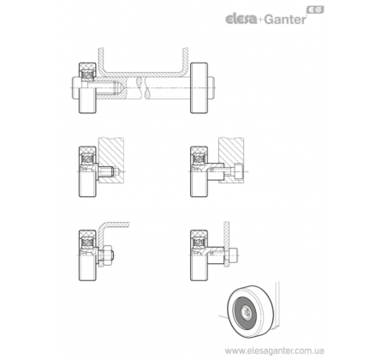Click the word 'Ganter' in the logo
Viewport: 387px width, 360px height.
pos(284,20)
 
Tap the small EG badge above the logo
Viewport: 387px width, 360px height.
pos(315,9)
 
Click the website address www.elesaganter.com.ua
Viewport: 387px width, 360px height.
pos(274,351)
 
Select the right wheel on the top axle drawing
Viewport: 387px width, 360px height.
pos(199,87)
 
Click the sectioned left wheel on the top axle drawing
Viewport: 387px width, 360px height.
pos(87,87)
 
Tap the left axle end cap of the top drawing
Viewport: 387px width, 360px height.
pos(75,87)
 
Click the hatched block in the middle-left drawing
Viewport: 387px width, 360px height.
pos(111,160)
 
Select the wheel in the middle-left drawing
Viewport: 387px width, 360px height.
pos(87,171)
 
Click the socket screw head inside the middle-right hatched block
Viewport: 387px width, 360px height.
pos(238,171)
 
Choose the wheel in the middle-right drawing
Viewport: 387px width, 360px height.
pos(199,171)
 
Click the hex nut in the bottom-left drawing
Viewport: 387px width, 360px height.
pos(106,255)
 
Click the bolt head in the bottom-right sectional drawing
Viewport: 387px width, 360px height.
pos(233,255)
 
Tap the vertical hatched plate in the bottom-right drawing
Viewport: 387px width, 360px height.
pos(226,244)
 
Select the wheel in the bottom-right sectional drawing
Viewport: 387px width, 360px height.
pos(199,255)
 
